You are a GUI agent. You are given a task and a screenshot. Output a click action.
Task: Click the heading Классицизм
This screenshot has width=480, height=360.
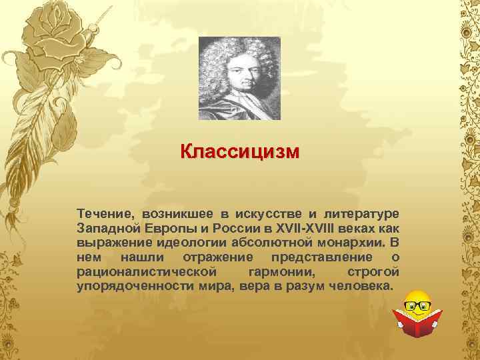239,152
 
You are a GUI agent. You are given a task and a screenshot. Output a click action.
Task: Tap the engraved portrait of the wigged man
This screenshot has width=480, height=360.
239,78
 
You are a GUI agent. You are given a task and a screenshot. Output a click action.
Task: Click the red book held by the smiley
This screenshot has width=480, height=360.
417,323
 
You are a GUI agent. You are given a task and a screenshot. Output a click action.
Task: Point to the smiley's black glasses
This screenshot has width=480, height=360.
417,306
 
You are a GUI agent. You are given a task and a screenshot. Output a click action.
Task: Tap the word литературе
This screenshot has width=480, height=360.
361,213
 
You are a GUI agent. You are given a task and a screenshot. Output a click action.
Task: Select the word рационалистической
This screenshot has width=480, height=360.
147,272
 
